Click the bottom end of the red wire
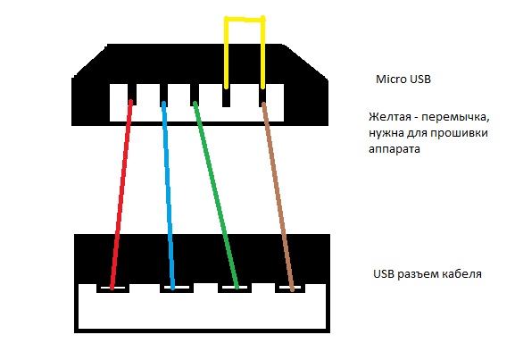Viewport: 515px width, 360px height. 111,288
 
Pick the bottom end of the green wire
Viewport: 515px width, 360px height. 237,288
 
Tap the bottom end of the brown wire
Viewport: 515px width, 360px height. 290,288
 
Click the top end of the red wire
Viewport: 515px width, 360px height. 131,102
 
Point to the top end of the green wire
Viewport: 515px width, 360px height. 195,103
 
